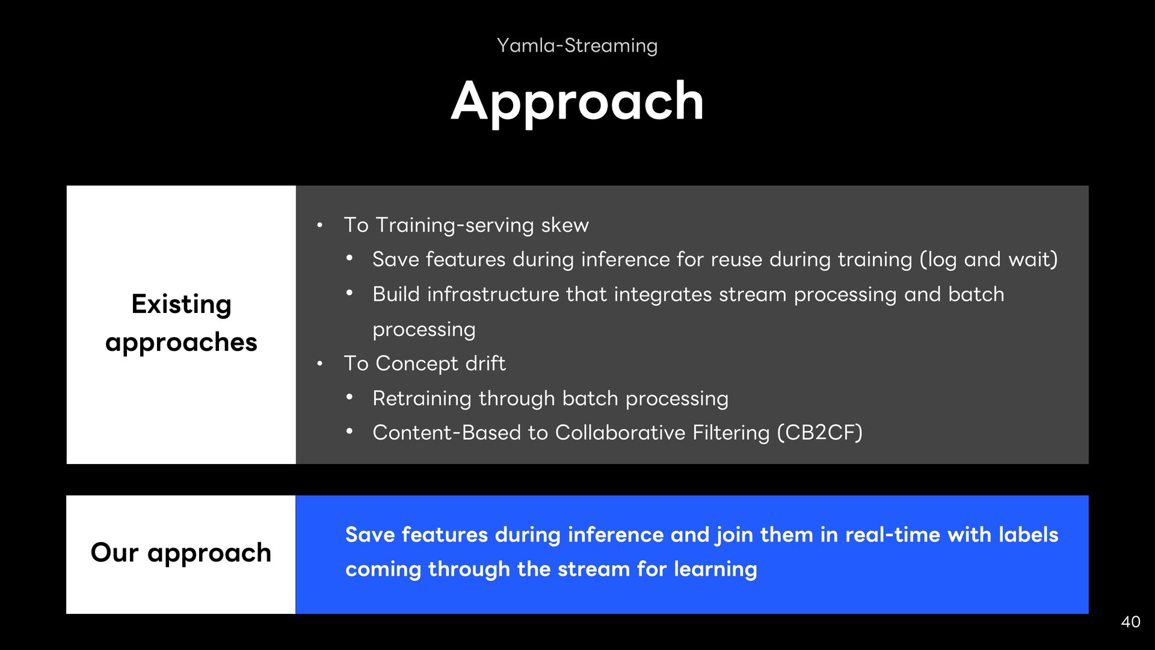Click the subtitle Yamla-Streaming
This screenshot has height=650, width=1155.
tap(577, 46)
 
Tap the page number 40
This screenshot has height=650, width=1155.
tap(1131, 622)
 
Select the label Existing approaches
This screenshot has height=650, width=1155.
tap(181, 323)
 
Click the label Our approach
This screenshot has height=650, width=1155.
tap(181, 553)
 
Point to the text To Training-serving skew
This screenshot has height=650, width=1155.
tap(466, 225)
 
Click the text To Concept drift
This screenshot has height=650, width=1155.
tap(425, 364)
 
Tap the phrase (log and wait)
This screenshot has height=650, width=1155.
tap(988, 259)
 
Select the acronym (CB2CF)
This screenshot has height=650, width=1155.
tap(819, 433)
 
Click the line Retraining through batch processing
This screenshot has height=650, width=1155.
tap(550, 398)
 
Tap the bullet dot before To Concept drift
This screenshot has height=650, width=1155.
tap(320, 364)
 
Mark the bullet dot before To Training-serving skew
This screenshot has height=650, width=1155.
tap(320, 226)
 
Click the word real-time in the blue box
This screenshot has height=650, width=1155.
tap(893, 535)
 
